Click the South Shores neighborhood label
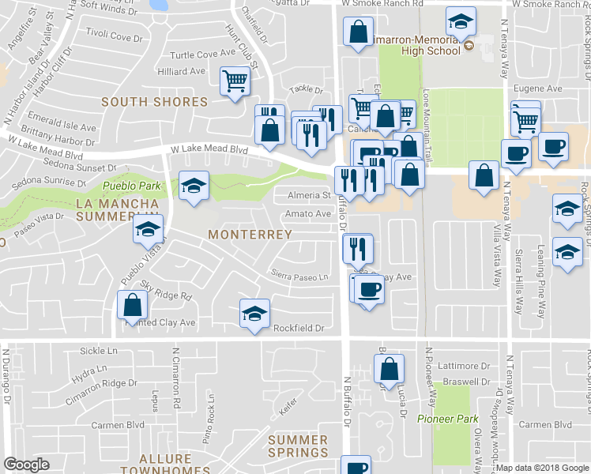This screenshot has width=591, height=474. point(154,101)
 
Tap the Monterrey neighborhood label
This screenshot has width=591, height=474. point(250,235)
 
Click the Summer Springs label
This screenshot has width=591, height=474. point(297,446)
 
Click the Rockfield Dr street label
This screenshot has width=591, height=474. point(299,328)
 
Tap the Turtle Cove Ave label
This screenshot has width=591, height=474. point(204,55)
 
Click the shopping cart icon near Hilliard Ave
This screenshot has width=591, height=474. point(235,81)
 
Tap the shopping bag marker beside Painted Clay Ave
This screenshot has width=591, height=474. point(133,305)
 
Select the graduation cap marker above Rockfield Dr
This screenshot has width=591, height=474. point(254,313)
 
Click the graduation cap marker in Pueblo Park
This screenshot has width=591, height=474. point(194,185)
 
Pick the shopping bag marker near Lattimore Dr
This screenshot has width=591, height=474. point(389,368)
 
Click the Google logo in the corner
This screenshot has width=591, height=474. point(26,465)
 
